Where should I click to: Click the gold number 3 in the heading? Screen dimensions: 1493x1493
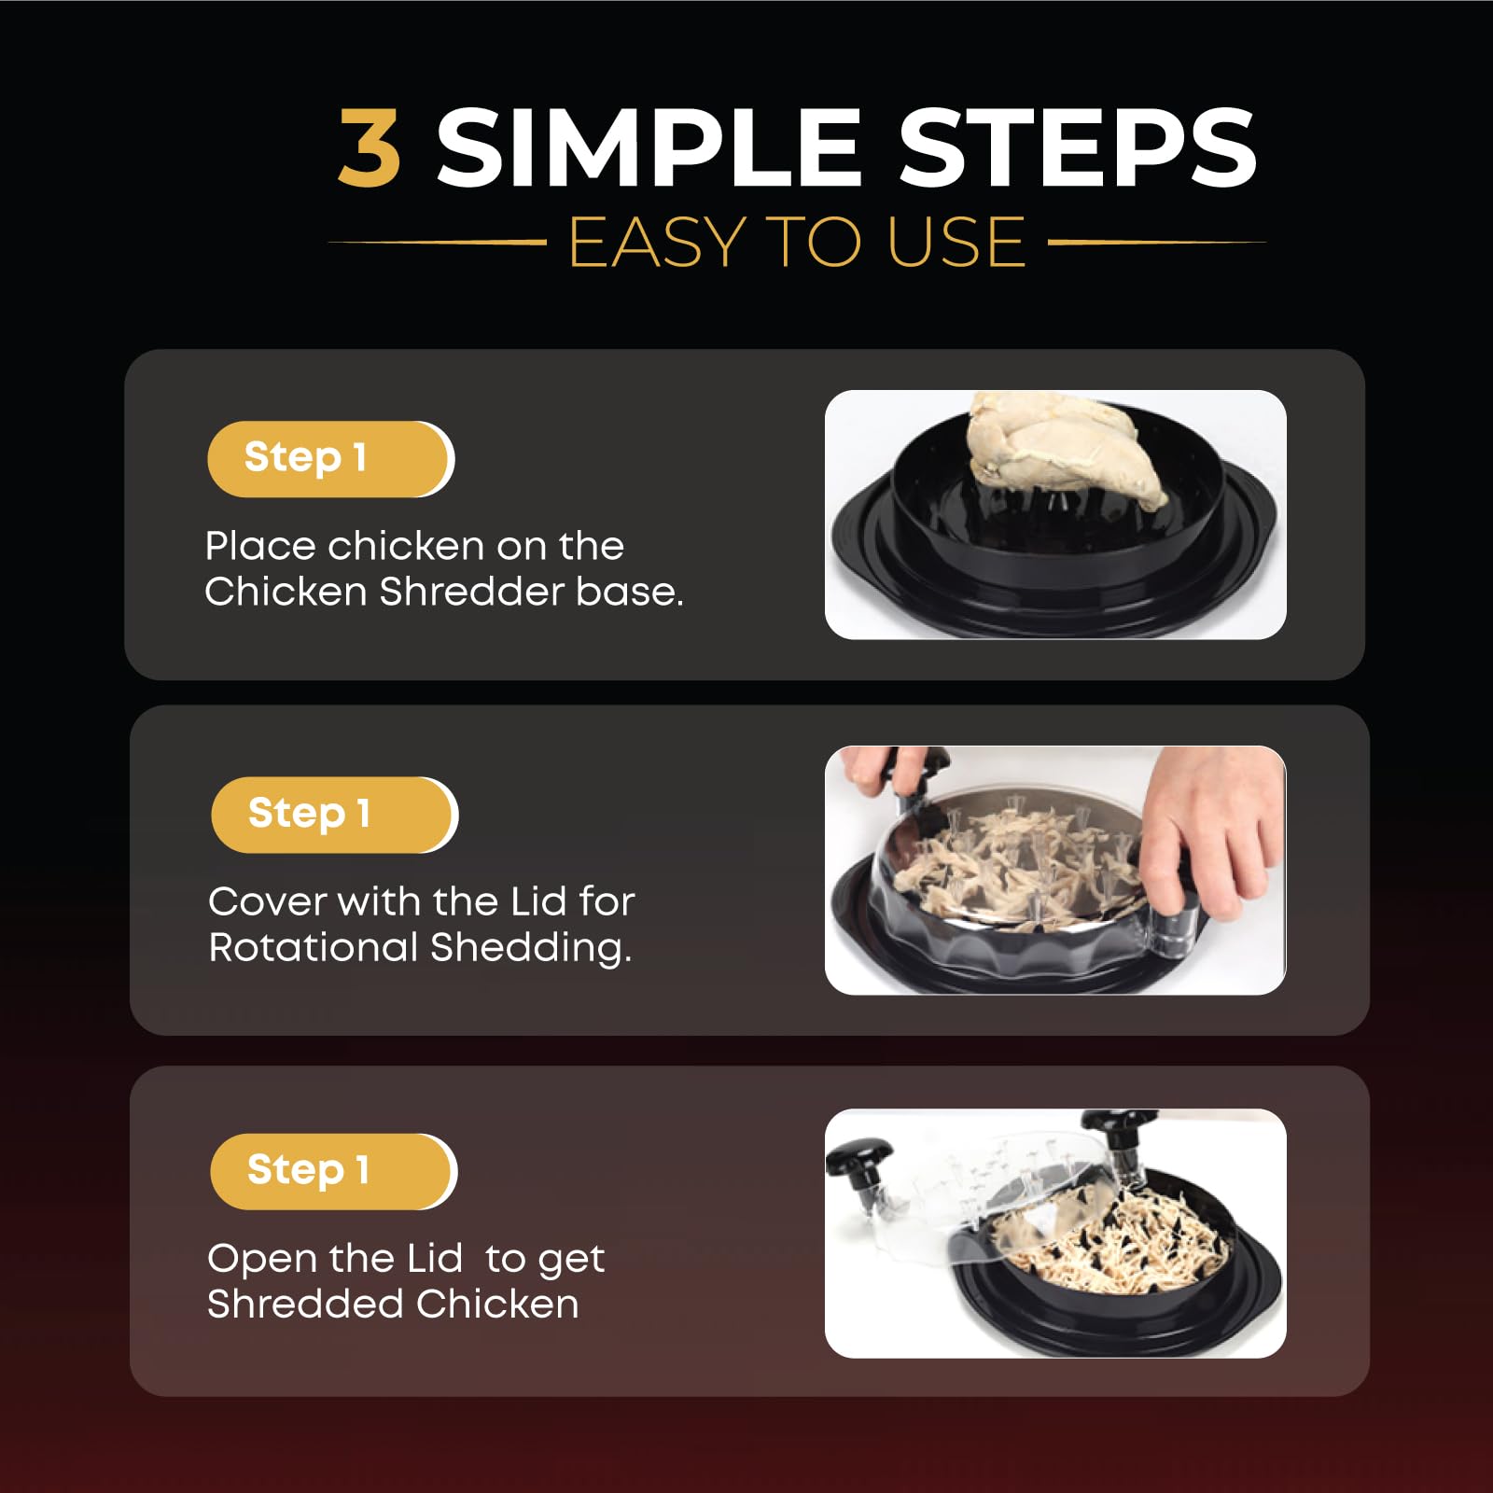[x=370, y=147]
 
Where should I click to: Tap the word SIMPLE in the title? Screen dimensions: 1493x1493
[x=649, y=147]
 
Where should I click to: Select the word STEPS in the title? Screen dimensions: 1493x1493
[x=1078, y=147]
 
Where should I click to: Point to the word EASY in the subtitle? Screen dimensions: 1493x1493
[x=657, y=243]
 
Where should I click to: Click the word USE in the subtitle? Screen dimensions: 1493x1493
[x=956, y=243]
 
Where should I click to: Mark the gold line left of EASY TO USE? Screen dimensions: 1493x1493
[x=437, y=243]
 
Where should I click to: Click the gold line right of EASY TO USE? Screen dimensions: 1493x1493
[x=1157, y=243]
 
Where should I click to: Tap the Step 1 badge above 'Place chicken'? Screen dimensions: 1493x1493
[x=330, y=458]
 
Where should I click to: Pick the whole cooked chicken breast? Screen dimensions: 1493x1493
[x=1064, y=448]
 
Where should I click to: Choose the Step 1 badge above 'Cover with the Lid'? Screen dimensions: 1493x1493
[x=334, y=814]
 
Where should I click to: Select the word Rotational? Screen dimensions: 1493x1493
[x=314, y=947]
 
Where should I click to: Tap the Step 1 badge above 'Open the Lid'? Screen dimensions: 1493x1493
[x=333, y=1171]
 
